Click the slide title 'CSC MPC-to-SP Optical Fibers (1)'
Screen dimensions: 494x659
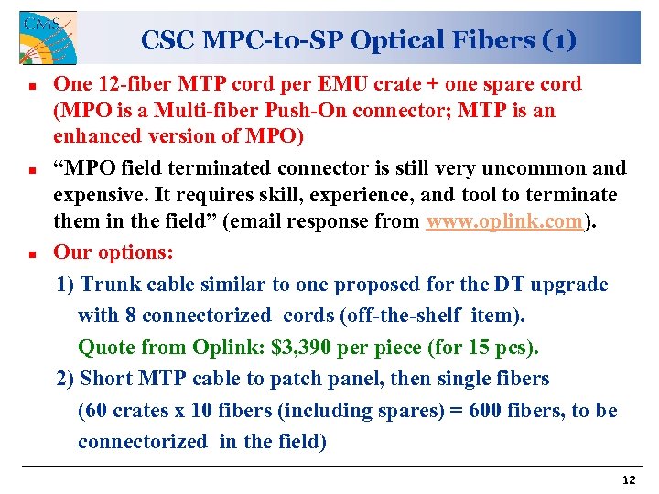pyautogui.click(x=358, y=40)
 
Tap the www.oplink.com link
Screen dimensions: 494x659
pyautogui.click(x=504, y=221)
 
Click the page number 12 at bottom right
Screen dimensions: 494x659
pyautogui.click(x=628, y=480)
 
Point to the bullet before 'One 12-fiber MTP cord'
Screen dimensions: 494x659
pyautogui.click(x=31, y=86)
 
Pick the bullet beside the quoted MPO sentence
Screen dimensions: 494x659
pyautogui.click(x=31, y=170)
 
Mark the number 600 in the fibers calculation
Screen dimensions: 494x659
pyautogui.click(x=483, y=411)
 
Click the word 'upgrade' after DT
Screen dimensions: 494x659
pyautogui.click(x=568, y=285)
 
